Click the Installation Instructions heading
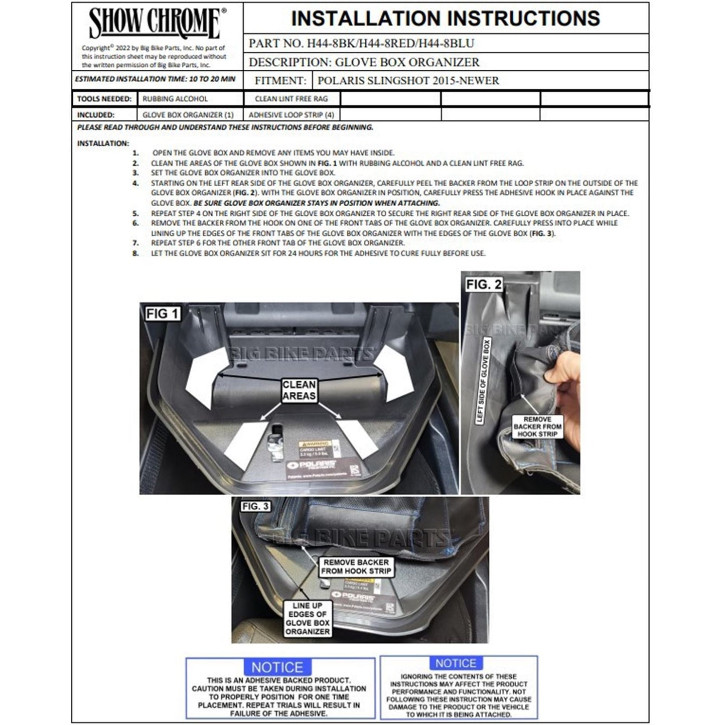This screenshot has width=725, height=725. pos(446,19)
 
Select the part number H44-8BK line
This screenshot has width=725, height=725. pos(361,44)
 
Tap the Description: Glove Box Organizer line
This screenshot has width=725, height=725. pos(364,62)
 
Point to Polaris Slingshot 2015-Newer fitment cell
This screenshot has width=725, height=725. pos(408,81)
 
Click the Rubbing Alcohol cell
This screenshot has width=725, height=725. pos(175,99)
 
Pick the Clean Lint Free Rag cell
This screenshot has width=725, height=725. pos(291,99)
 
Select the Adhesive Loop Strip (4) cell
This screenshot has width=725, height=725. pos(291,115)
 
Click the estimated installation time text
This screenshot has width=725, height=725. pos(155,79)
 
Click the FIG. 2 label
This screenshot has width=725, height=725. pos(483,284)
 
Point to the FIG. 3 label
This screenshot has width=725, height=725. pos(256,506)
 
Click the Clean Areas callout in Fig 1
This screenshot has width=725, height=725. pos(299,390)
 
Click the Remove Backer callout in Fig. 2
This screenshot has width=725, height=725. pos(537,426)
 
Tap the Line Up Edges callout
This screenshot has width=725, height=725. pos(308,619)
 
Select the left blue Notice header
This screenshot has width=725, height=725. pos(277,667)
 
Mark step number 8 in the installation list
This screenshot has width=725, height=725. pos(135,253)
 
